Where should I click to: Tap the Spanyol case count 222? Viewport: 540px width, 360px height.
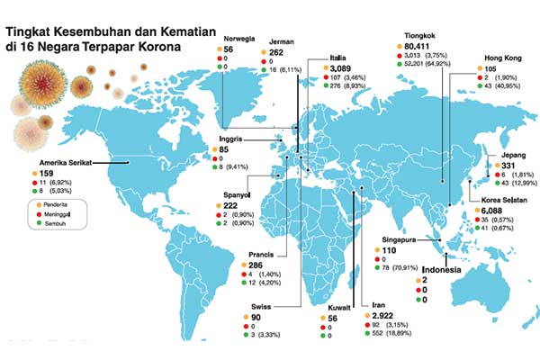coord(241,206)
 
